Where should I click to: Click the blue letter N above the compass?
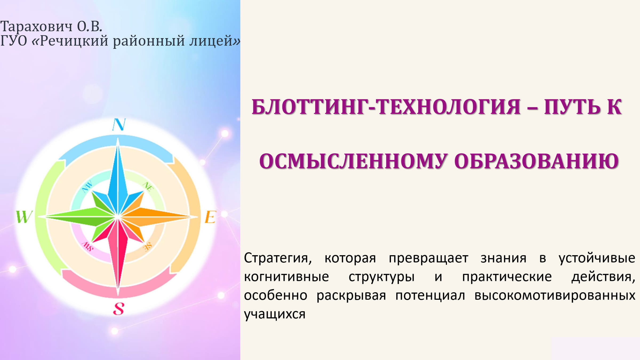pos(119,124)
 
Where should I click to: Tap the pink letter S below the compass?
pos(119,309)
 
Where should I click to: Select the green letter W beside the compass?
pos(24,217)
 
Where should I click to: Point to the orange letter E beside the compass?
pos(210,217)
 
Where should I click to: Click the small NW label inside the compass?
pos(87,186)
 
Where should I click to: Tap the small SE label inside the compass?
pos(147,247)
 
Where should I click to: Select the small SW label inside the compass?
pos(87,246)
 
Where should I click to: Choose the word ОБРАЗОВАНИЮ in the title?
pos(537,162)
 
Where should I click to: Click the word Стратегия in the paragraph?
pos(278,258)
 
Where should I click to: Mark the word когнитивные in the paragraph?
pos(286,277)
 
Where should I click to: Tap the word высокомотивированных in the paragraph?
pos(555,296)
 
